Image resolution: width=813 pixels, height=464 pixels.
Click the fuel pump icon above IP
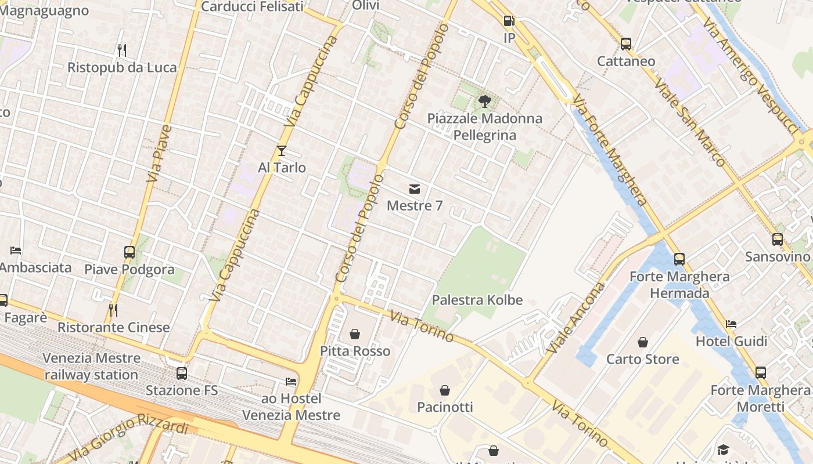[509, 21]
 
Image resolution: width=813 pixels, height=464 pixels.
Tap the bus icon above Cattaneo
[626, 43]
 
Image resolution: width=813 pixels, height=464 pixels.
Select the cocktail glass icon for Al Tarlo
[282, 151]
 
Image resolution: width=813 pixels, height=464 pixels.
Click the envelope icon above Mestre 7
[415, 188]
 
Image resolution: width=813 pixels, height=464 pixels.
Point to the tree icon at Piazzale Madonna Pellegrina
[484, 101]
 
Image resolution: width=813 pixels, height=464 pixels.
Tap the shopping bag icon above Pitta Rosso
[355, 334]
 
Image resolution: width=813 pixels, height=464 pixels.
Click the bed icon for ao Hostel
[291, 382]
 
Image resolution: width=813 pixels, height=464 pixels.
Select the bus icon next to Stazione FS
[182, 374]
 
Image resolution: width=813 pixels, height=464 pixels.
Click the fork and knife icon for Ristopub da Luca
[121, 50]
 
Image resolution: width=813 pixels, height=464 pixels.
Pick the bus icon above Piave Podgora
[129, 252]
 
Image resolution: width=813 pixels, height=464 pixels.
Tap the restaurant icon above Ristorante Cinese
[113, 310]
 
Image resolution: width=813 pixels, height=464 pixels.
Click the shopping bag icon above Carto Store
[642, 342]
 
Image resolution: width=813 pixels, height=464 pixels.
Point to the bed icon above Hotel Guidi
[731, 324]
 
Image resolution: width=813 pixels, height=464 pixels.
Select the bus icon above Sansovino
[778, 239]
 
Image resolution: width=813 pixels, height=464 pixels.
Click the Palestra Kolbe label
[477, 300]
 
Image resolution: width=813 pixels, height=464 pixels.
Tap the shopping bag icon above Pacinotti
[445, 390]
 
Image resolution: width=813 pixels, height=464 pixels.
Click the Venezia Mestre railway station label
[91, 366]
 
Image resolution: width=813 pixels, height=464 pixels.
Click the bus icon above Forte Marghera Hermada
[679, 259]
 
